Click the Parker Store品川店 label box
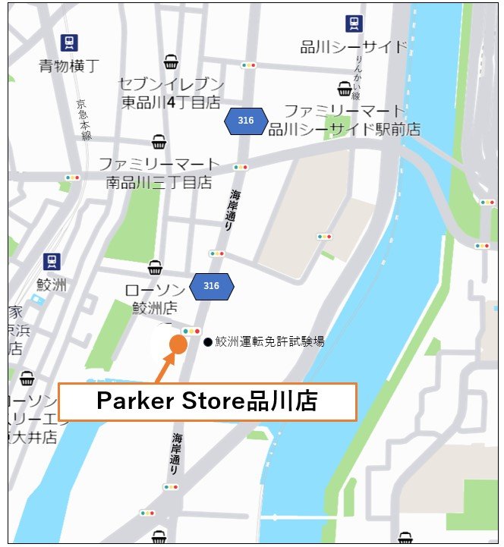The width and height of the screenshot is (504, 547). coord(206,401)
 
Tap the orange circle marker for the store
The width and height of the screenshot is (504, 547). coord(178,344)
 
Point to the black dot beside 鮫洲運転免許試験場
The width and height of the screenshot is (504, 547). coord(208,342)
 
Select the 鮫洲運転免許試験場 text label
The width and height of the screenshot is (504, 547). coord(269,341)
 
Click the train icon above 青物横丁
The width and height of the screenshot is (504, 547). coord(70,42)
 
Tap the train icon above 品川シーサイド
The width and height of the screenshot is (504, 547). coord(354,24)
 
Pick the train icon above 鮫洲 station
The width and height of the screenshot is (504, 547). coord(52,262)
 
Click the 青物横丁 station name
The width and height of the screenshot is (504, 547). coord(69,66)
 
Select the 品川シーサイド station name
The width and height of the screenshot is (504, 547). coord(354,47)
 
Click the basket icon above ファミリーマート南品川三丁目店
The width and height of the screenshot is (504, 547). coord(159,142)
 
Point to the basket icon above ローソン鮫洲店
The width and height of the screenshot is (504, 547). coord(155,267)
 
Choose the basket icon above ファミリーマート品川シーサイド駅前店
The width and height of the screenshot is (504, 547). coord(345,89)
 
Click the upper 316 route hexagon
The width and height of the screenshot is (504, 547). coord(245,121)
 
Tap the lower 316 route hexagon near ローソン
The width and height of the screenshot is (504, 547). coord(211,286)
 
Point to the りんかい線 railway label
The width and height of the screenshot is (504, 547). coord(358,75)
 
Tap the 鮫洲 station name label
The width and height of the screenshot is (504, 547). coord(52,285)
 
